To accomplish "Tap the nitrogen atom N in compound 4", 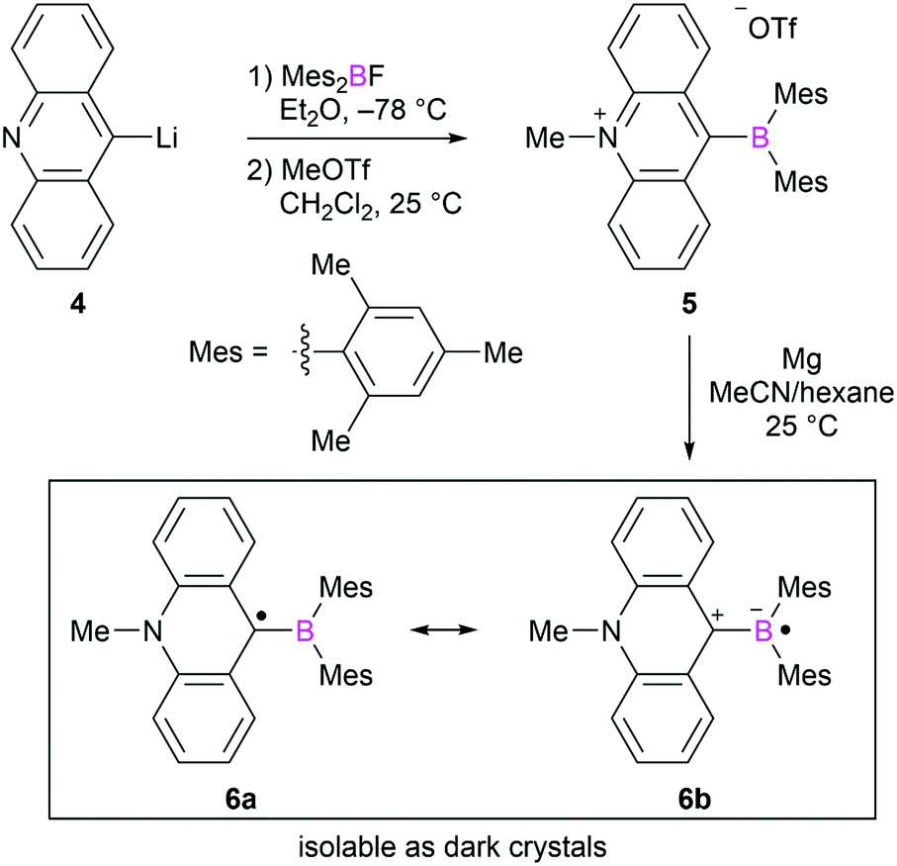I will tap(14, 142).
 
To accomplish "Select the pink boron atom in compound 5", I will tap(759, 142).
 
